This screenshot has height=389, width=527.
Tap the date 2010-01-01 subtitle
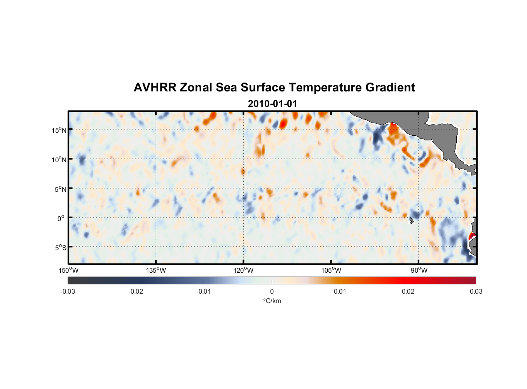tap(272, 104)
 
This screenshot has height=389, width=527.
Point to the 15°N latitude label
tap(59, 130)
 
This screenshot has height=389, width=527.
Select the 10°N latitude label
tap(59, 159)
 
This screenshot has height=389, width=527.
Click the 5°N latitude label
tap(60, 189)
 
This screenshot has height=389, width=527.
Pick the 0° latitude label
tap(61, 218)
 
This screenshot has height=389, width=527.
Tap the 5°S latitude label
tap(60, 248)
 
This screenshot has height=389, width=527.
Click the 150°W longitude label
tap(68, 270)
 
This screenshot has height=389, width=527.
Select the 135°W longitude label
tap(156, 270)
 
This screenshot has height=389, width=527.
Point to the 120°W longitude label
tap(244, 270)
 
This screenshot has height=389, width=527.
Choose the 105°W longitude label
tap(331, 270)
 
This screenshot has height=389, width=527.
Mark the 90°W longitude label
tap(419, 270)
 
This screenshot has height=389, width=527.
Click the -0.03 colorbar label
tap(68, 291)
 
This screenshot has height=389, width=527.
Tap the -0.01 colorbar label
tap(204, 291)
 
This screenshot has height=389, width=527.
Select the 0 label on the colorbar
tap(272, 291)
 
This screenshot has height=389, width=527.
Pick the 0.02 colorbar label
tap(408, 291)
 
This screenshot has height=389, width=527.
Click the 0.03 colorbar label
tap(476, 291)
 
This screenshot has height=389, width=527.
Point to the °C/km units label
tap(272, 301)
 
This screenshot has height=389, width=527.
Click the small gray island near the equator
tap(411, 221)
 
